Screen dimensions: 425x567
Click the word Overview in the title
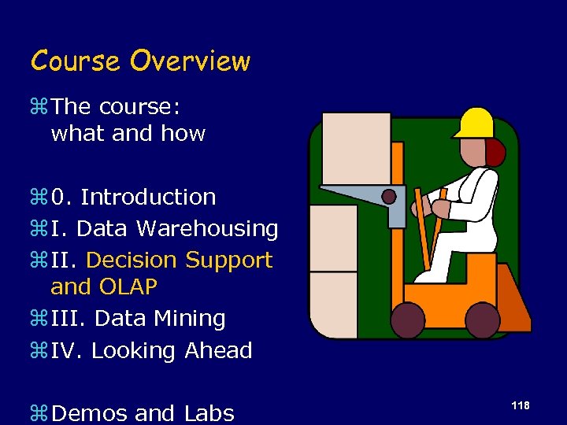pos(190,61)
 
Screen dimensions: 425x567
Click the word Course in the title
pos(75,61)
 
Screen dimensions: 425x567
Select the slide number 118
pos(520,405)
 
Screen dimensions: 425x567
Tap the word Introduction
pos(148,197)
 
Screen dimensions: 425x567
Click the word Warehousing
pos(207,229)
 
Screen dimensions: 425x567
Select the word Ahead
pos(218,351)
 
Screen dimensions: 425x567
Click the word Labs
pos(209,412)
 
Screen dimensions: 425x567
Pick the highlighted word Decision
pos(132,260)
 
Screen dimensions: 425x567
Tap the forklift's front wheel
pos(409,319)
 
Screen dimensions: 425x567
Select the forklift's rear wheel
pos(482,319)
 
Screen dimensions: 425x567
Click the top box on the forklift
pos(355,148)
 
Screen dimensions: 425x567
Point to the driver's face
pos(474,152)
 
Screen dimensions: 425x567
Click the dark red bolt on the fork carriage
pos(389,196)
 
